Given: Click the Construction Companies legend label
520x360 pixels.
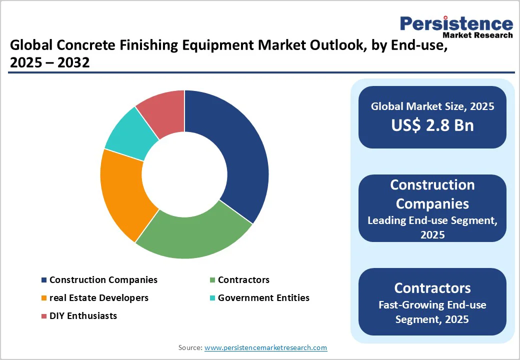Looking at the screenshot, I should point(103,280).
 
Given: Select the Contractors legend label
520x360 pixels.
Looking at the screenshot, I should point(243,280).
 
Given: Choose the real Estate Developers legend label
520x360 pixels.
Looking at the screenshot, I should point(99,298).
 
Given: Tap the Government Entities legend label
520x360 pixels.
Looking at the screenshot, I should point(263,298).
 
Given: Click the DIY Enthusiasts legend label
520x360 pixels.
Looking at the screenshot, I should point(83,316).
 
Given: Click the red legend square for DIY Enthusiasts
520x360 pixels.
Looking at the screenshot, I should point(44,316).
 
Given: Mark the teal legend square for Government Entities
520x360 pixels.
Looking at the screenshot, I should point(212,298).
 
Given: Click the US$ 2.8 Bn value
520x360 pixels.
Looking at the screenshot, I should point(432,125).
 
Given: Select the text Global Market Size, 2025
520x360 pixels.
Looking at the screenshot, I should point(432,106).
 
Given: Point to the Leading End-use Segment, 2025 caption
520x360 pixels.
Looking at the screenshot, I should point(432,227).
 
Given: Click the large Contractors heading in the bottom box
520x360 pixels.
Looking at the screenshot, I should point(432,288).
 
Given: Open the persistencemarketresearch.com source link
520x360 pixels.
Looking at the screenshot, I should point(265,347).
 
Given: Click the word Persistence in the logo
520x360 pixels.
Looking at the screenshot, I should point(456,23).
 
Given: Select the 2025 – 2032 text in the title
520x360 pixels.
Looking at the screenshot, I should point(50,63).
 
